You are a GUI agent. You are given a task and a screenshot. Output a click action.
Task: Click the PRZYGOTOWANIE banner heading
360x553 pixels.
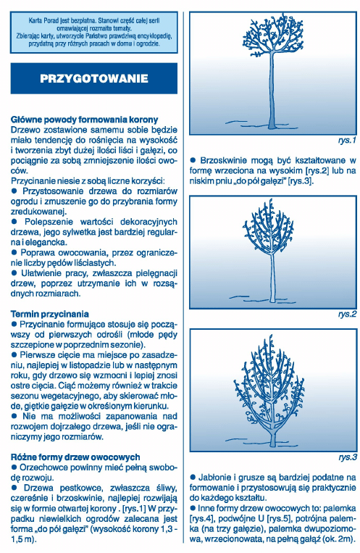(93, 78)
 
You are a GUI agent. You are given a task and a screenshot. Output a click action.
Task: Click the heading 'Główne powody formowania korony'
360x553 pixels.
(84, 120)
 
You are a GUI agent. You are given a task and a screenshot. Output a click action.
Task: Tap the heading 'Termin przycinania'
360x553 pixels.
(50, 315)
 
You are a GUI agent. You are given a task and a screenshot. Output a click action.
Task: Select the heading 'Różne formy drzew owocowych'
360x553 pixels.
(75, 457)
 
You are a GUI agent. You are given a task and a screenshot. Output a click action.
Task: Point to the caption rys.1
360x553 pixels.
(347, 141)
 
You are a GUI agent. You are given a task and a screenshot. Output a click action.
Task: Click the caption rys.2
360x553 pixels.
(347, 315)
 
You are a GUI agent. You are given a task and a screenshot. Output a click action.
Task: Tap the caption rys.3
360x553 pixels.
(347, 457)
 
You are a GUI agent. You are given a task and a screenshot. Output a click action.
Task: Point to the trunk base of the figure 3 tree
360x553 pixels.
(273, 440)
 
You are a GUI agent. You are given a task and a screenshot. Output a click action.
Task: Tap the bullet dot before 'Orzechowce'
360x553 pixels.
(14, 467)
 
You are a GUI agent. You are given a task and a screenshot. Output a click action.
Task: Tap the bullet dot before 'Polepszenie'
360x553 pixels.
(14, 222)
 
